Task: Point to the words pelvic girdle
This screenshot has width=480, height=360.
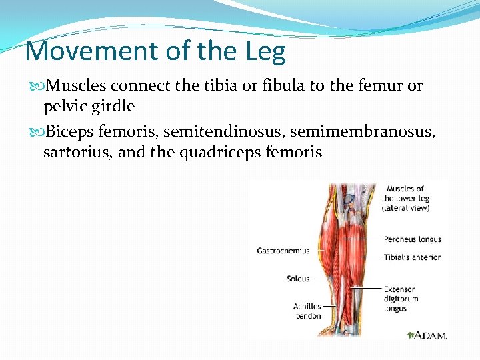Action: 89,106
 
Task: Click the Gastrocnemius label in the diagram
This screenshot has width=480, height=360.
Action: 283,251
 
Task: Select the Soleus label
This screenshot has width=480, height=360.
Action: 297,279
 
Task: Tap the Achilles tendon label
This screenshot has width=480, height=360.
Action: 307,311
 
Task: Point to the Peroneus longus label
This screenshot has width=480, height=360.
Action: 412,239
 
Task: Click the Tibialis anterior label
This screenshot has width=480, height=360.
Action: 412,257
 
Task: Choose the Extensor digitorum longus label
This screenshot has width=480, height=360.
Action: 401,299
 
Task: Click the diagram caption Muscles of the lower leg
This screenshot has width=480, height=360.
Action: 405,198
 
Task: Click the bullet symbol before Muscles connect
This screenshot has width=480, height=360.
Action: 35,87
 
